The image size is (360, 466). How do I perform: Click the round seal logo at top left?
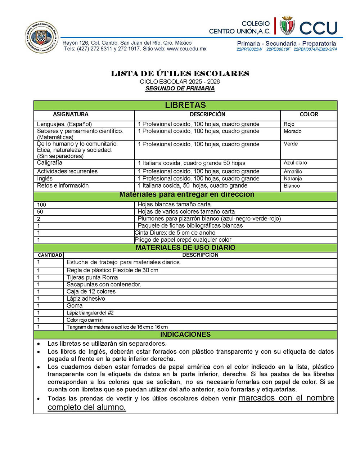pos(42,37)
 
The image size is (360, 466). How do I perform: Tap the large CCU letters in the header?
pos(318,28)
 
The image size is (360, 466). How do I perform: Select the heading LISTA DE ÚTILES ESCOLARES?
pos(180,73)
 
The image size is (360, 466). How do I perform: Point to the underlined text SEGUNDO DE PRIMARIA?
pos(180,89)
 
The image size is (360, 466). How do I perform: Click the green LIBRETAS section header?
pos(185,105)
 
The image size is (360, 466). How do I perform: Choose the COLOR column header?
pos(309,115)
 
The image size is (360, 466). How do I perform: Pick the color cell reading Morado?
pos(293,131)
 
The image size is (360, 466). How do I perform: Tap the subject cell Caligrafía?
pos(50,163)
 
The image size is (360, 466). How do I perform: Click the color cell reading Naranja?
pos(293,179)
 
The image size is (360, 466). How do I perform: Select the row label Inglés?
pos(45,179)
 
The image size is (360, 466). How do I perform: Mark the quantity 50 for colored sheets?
pos(40,212)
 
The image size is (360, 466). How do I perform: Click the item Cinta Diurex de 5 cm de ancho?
pos(175,233)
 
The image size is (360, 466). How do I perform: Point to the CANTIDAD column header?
pos(50,255)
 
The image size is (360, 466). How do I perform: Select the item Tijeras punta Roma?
pos(92,278)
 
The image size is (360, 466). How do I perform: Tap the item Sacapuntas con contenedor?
pos(104,284)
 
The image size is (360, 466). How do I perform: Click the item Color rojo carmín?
pos(85,320)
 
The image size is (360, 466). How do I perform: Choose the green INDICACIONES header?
pos(185,335)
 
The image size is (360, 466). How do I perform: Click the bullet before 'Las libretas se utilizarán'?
pos(39,344)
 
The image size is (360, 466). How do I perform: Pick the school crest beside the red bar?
pos(287,26)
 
